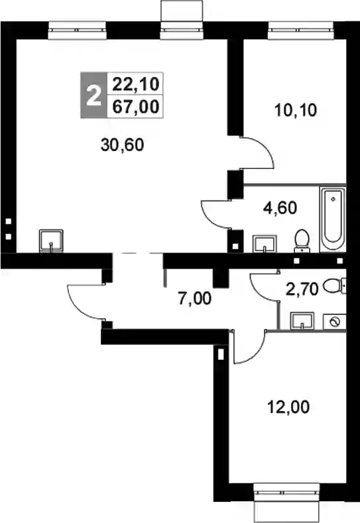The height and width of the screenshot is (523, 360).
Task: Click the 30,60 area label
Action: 122,145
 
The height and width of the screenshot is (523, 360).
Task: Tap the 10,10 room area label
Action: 295,110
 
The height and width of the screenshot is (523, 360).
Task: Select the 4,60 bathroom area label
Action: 280,207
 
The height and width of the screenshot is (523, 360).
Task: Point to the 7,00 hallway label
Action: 195,298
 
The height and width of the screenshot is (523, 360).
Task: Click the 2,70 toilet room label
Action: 302,289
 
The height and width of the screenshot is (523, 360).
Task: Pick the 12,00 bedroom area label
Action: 288,407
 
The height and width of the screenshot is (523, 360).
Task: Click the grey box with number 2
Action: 93,95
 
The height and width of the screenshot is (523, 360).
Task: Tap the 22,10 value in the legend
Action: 135,84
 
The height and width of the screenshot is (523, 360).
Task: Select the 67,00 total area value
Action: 135,107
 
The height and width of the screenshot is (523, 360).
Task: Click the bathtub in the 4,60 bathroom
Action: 332,219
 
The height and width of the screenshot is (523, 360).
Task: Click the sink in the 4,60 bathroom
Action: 265,243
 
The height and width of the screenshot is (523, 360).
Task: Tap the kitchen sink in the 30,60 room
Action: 50,241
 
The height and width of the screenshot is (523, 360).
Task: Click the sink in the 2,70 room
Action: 302,321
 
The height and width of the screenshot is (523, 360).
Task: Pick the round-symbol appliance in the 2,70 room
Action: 334,322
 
